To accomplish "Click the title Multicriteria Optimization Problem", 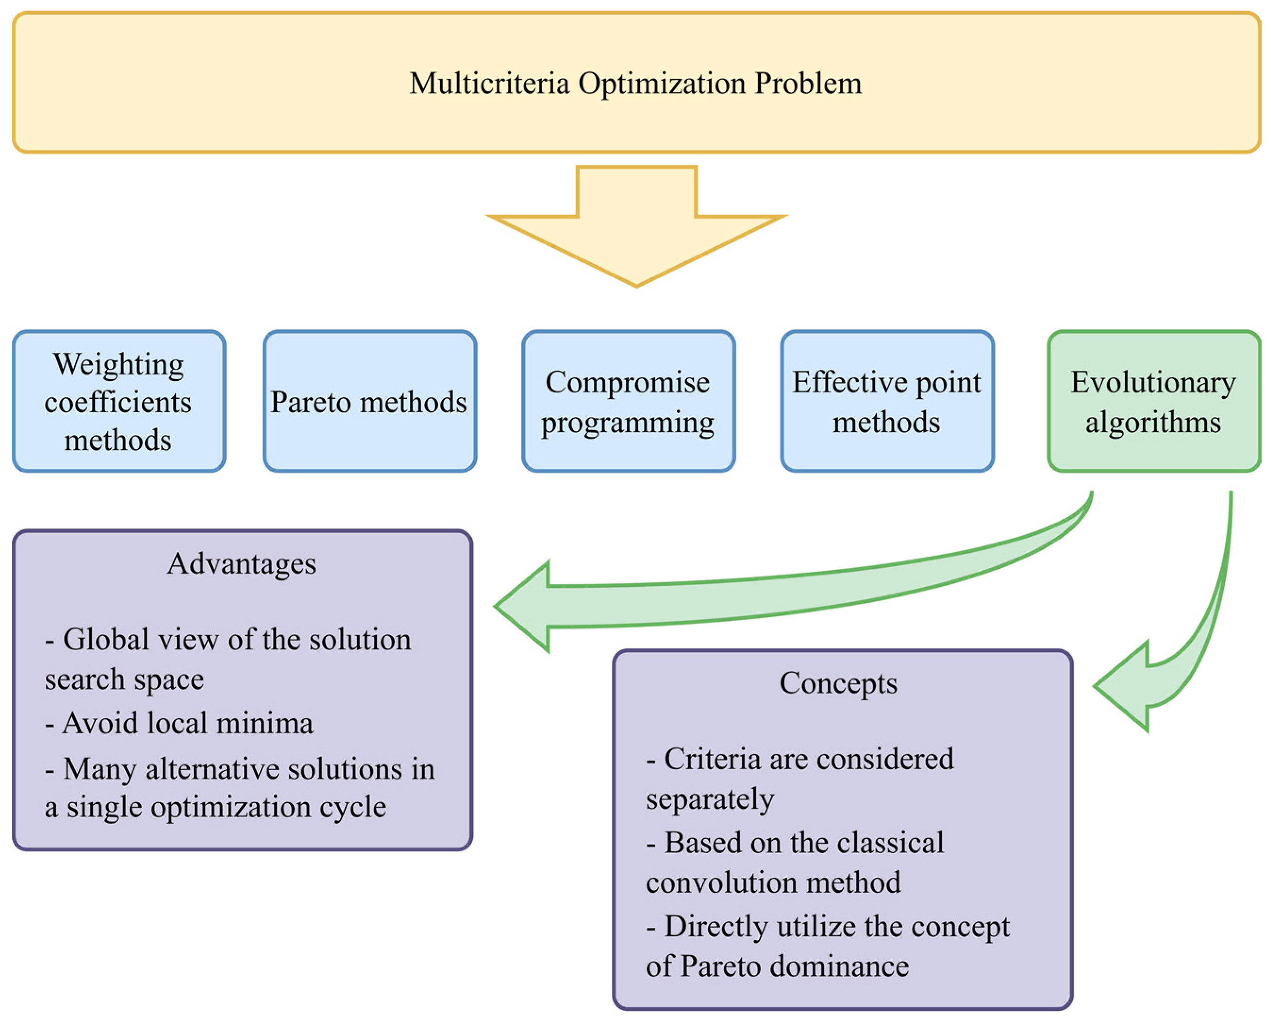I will [x=636, y=83].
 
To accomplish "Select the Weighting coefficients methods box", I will [x=118, y=401].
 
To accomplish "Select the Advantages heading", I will [x=241, y=564].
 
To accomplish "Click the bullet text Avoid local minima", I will [x=188, y=723].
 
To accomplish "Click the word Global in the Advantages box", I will [x=106, y=639].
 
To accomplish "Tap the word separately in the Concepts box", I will [x=710, y=800].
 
